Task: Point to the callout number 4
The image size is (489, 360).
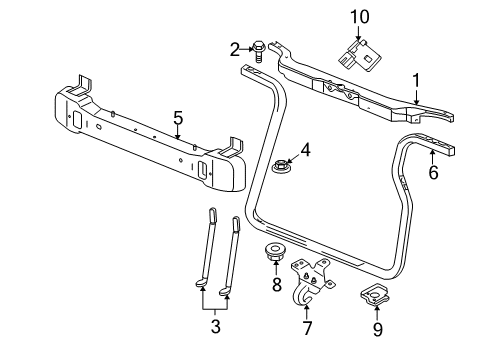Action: [x=307, y=151]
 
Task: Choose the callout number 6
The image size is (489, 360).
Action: [x=433, y=172]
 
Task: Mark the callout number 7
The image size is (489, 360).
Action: [x=307, y=326]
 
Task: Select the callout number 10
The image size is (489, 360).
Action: [x=359, y=17]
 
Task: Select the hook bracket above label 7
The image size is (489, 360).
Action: [x=307, y=275]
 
